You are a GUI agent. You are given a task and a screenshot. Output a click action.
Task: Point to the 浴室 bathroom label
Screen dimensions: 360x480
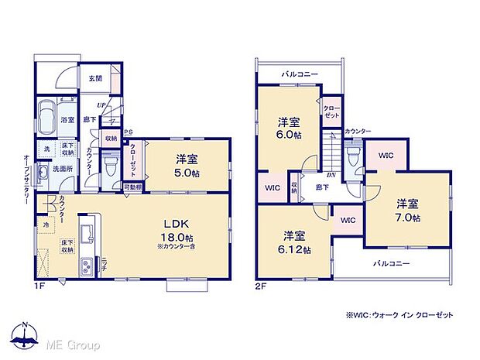(67, 120)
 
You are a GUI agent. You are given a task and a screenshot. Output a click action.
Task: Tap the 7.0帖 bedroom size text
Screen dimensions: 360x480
(409, 218)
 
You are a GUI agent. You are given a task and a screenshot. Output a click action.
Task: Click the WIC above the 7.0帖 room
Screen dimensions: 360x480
(386, 155)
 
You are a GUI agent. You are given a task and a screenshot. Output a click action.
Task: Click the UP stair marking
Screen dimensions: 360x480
(101, 105)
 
